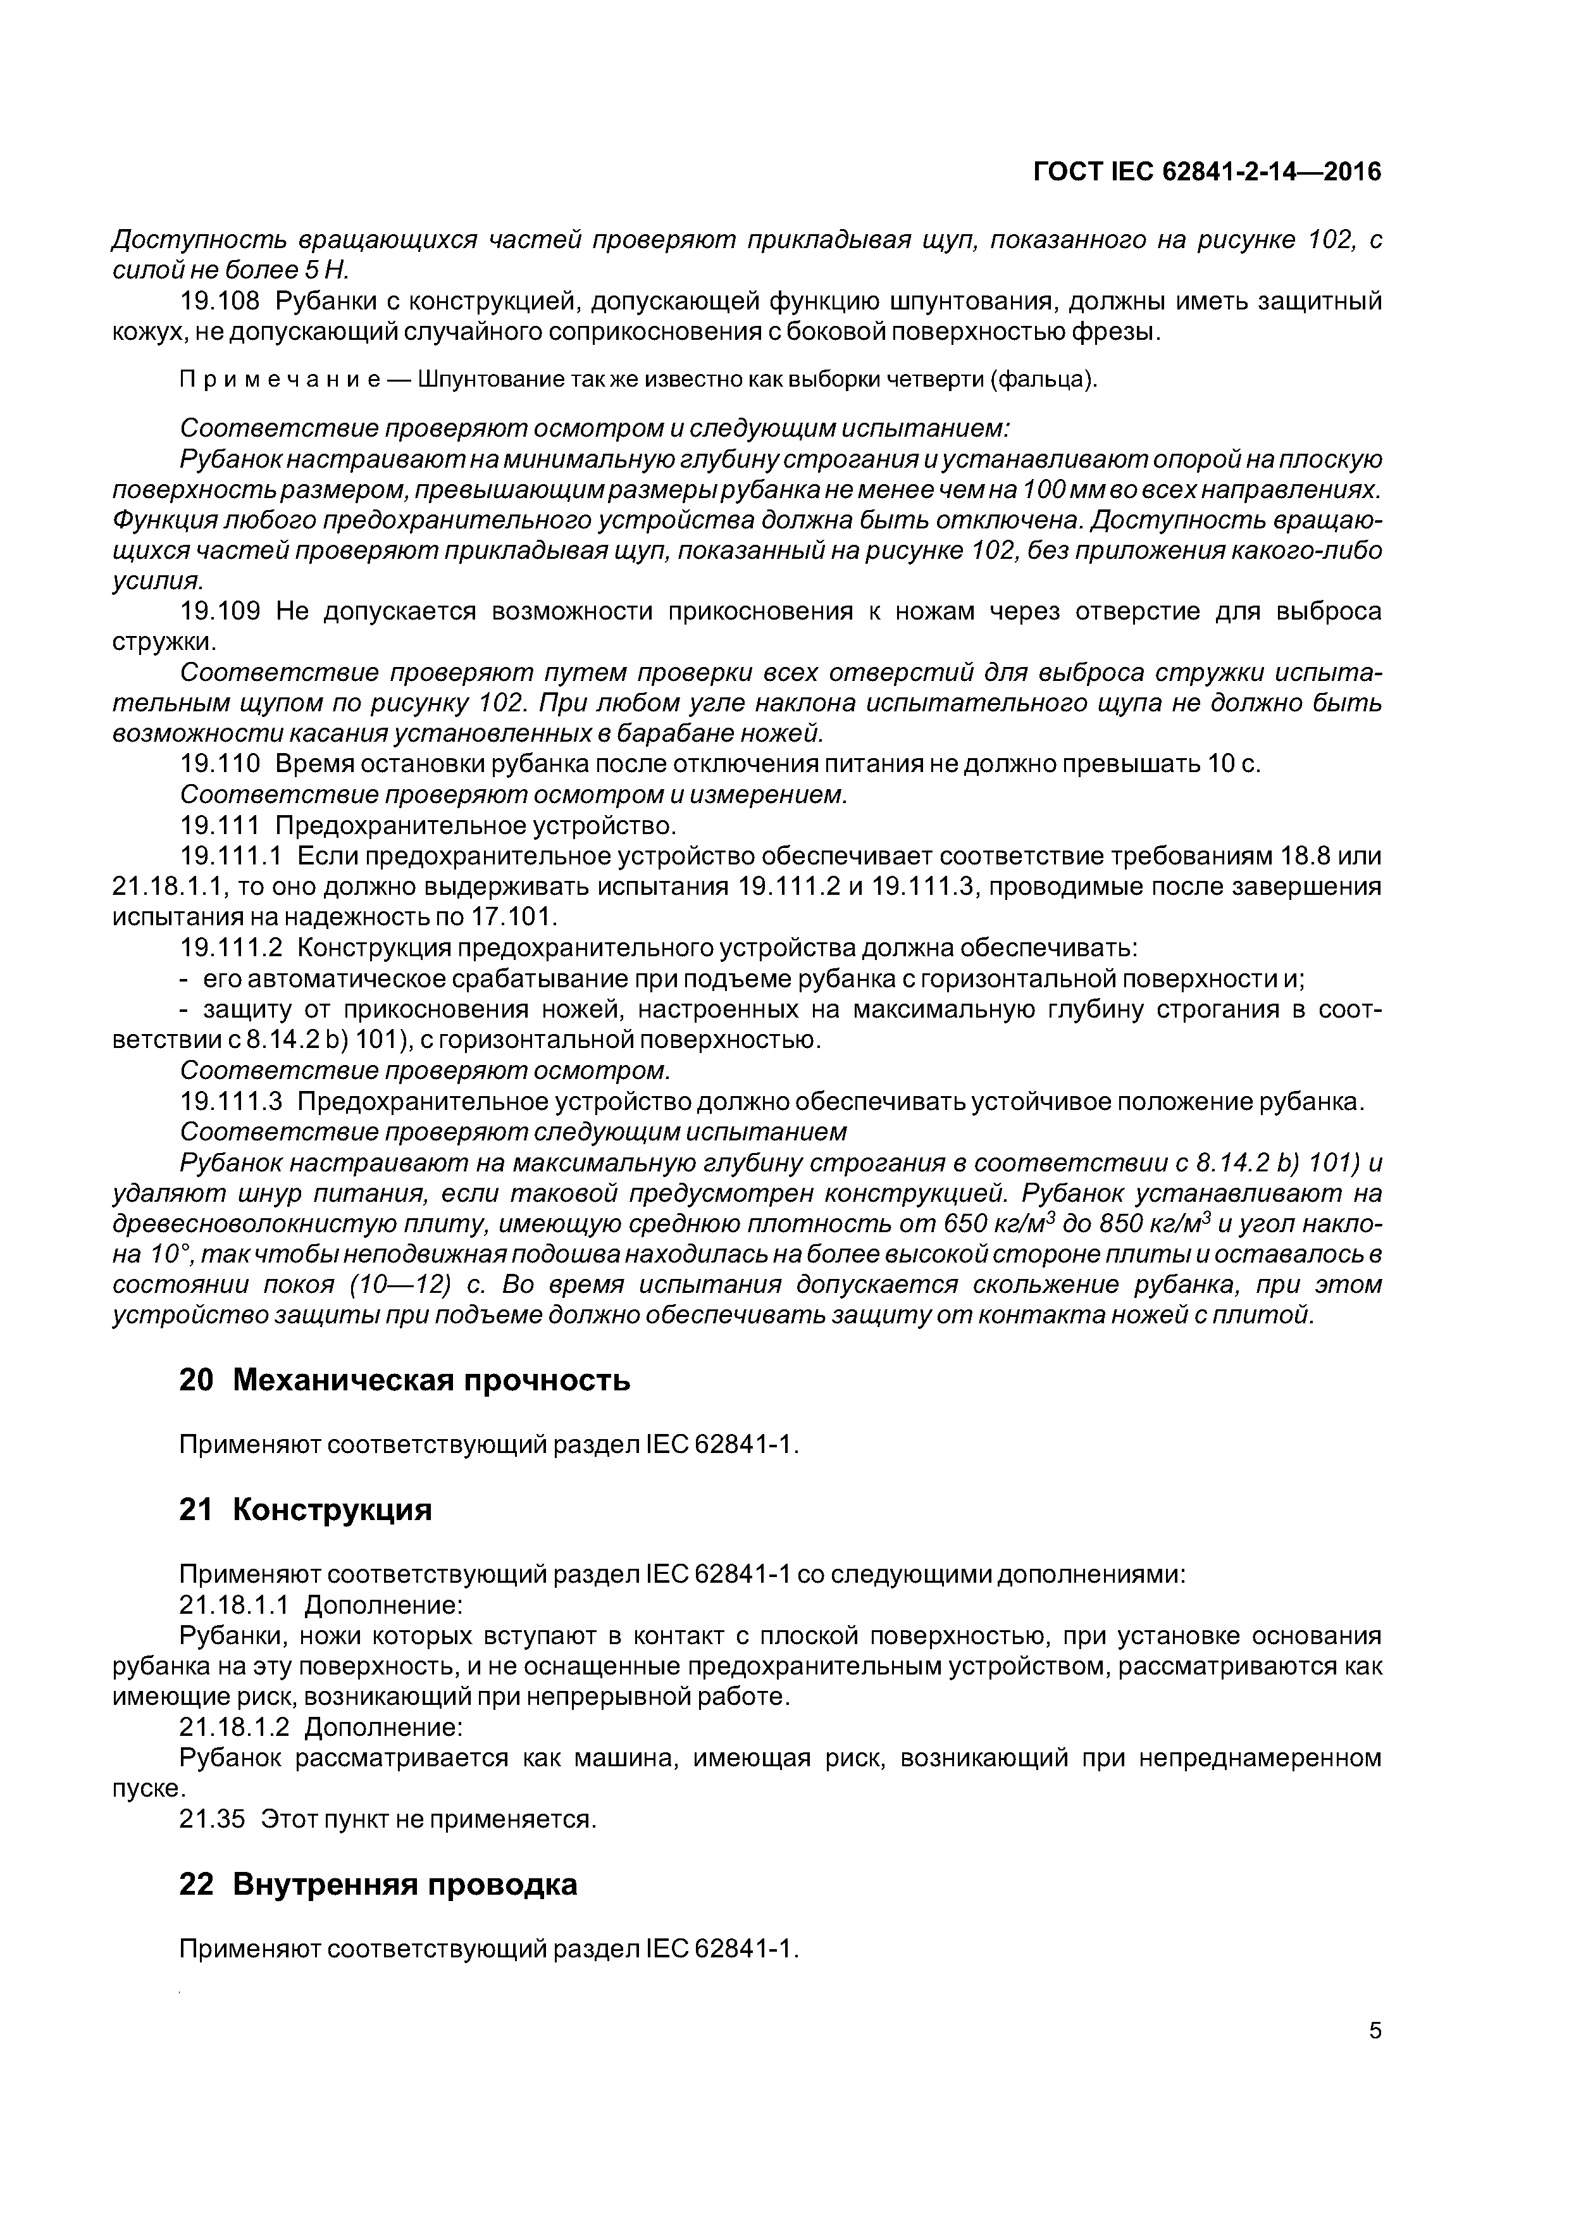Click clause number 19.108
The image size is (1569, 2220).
(220, 302)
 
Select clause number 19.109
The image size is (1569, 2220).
(220, 611)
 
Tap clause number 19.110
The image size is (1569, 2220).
(220, 764)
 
